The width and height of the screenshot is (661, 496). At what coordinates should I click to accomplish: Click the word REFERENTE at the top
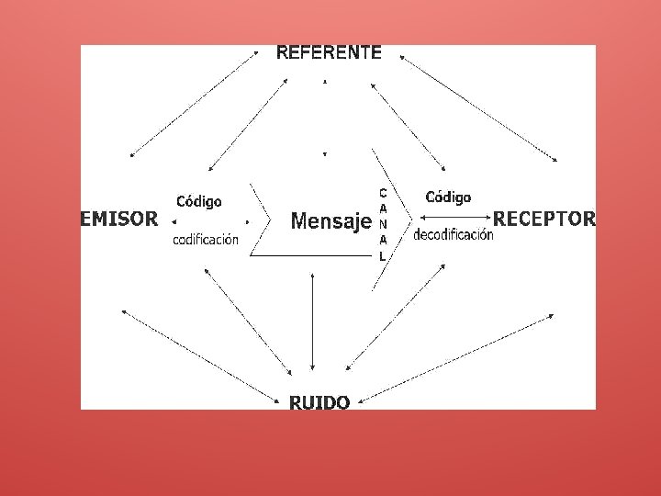329,52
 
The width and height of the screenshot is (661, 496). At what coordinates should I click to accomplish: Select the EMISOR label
119,219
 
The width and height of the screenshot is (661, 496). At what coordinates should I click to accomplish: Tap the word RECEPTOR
544,219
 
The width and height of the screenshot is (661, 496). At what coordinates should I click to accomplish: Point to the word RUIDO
319,402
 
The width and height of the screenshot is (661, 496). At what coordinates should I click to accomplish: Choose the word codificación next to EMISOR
206,240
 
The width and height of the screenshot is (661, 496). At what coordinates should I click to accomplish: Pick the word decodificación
454,234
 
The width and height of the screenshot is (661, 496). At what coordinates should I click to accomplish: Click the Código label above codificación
199,201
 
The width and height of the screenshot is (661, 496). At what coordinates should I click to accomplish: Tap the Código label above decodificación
448,197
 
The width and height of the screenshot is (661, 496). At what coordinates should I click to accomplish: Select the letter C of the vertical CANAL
383,193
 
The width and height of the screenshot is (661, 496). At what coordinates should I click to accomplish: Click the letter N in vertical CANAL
383,224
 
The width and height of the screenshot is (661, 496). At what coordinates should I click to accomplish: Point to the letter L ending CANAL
383,256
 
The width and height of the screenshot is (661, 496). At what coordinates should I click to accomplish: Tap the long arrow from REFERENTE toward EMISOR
195,104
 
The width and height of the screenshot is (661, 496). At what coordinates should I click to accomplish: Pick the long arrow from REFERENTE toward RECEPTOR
477,108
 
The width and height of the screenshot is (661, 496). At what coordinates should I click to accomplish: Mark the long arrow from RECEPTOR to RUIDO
456,356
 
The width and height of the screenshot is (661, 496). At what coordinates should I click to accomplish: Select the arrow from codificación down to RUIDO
248,321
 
